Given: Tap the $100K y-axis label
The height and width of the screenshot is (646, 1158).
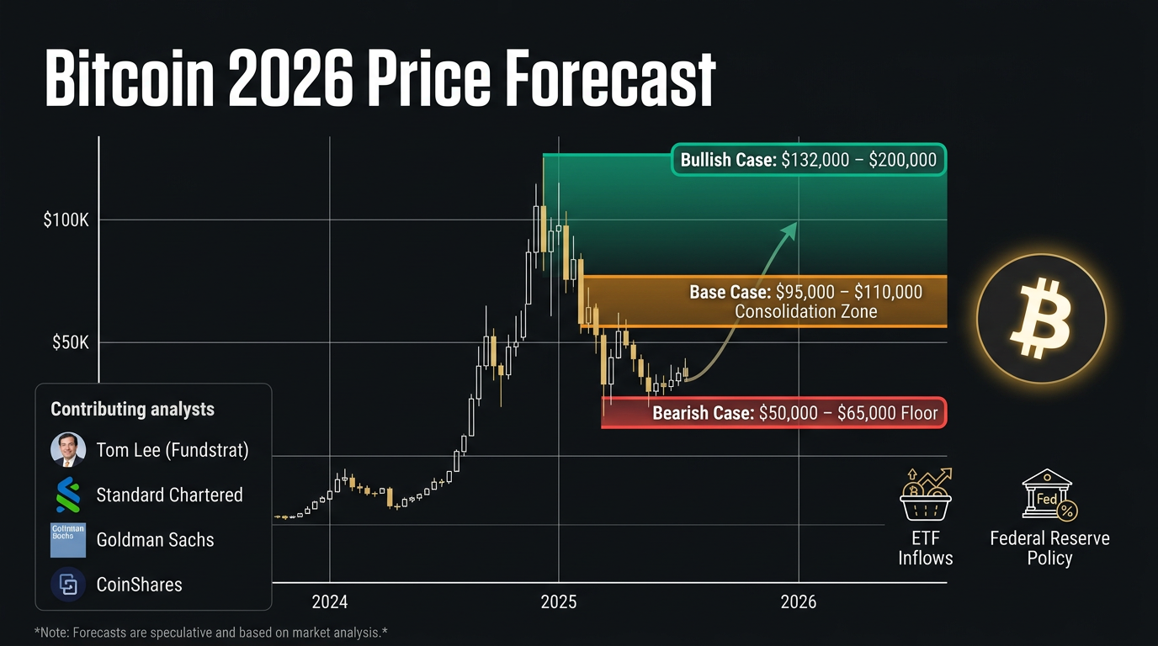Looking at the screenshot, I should click(66, 220).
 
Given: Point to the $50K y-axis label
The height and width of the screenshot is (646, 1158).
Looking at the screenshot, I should click(69, 342).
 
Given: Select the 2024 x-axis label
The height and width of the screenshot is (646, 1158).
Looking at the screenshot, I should click(330, 601).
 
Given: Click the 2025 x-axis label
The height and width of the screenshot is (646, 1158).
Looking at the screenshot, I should click(559, 601).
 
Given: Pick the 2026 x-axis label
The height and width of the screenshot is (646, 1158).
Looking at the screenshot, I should click(798, 601).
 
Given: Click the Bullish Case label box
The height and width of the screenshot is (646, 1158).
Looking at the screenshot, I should click(808, 160).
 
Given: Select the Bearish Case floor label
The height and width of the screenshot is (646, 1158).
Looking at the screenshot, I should click(795, 413).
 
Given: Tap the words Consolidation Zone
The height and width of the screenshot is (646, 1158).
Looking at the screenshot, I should click(805, 312).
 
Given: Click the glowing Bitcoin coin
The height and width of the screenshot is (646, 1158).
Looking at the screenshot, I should click(1041, 319).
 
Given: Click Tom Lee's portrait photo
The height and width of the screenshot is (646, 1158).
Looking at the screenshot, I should click(67, 450).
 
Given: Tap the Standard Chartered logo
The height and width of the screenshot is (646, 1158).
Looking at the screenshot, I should click(67, 495).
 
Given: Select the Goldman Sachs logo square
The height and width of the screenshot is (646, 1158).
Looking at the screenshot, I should click(67, 540).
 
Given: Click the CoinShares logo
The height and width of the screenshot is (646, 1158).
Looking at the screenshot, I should click(67, 585).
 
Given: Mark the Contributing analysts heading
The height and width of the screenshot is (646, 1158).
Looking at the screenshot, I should click(132, 410).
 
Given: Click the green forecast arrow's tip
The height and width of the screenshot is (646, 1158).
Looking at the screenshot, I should click(794, 225).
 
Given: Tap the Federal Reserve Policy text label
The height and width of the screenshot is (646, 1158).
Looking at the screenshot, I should click(1049, 548).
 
